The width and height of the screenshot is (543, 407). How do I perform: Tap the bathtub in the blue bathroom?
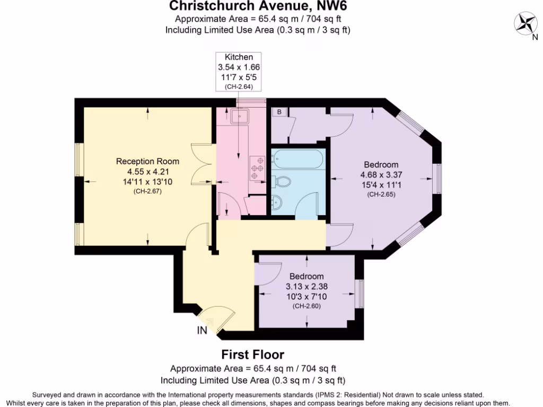pos(296,160)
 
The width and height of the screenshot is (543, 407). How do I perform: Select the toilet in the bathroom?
pos(282,182)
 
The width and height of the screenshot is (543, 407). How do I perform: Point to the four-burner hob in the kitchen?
pos(258,166)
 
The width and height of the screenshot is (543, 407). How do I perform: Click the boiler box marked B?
pos(279,112)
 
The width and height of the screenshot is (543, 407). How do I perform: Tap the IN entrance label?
pos(202,331)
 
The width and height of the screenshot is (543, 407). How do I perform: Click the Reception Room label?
pos(147,162)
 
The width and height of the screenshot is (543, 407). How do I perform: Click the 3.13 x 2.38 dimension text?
pos(306,287)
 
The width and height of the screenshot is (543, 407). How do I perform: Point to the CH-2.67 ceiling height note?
pos(147,191)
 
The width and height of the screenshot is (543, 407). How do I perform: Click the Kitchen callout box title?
pos(239,57)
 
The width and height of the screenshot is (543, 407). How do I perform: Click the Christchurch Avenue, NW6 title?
pos(258,7)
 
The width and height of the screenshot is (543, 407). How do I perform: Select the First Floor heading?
pos(252,355)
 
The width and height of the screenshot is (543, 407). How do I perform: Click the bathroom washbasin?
pos(277,202)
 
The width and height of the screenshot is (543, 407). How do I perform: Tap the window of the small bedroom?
pos(360,293)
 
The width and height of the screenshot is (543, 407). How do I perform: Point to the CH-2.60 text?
pos(306,306)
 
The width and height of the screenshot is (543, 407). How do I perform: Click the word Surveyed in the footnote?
pos(48,395)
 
